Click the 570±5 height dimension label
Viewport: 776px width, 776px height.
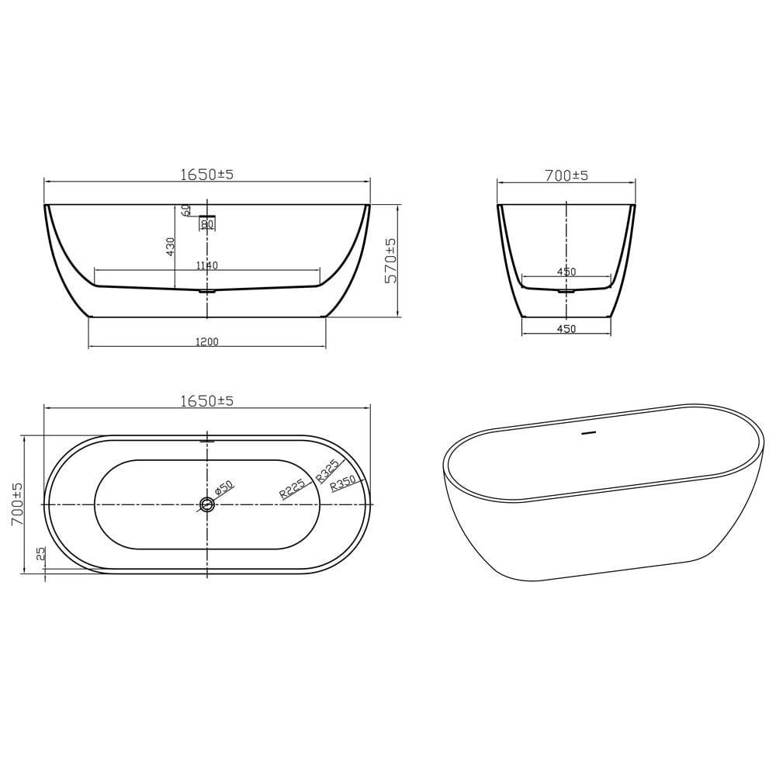click(391, 260)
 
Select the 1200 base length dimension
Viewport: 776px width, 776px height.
click(207, 342)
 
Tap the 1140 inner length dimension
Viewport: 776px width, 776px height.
click(207, 265)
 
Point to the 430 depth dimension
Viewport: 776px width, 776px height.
click(171, 247)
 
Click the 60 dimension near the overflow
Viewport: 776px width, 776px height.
click(186, 210)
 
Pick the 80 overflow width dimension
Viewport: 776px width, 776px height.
click(207, 224)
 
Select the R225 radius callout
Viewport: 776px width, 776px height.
click(293, 488)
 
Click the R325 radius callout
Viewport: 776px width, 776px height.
click(327, 472)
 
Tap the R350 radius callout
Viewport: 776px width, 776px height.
click(342, 483)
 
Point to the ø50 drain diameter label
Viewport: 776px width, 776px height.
click(224, 490)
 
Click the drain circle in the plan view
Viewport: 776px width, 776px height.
click(207, 504)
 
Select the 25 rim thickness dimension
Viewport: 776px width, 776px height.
click(40, 553)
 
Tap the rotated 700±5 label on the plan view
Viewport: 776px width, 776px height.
click(16, 504)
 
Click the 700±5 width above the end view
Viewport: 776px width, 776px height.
click(566, 176)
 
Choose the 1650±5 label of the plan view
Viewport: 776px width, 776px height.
click(207, 401)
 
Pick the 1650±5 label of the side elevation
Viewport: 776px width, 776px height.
click(207, 175)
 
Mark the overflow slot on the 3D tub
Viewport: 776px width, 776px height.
click(587, 433)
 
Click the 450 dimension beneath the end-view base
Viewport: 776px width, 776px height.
click(566, 329)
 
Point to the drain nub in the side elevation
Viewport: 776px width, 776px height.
click(206, 292)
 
